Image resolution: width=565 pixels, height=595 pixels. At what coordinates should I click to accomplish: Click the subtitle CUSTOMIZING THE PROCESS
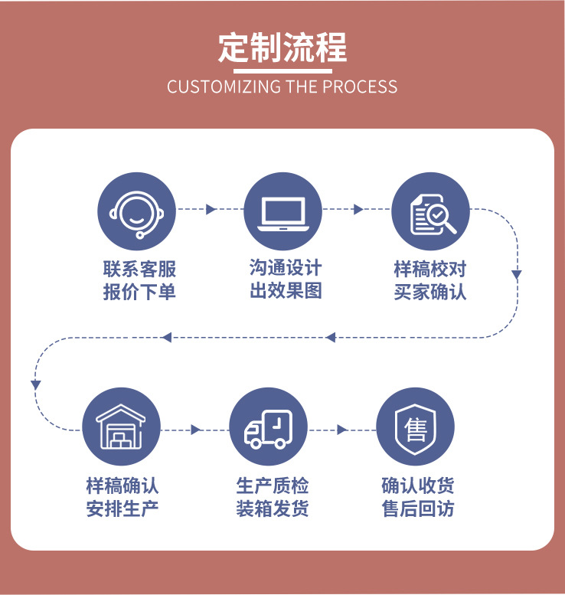point(282,86)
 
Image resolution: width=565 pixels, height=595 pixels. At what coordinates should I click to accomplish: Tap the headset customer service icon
point(136,211)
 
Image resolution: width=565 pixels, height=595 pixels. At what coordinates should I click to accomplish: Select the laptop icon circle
point(282,211)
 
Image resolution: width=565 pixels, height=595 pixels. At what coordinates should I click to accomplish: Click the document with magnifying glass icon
point(430,211)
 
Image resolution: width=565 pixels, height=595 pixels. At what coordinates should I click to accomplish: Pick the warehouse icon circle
point(122,427)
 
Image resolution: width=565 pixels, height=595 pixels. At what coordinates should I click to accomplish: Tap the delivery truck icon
point(268,427)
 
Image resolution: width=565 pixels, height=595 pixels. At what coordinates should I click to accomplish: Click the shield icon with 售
point(416,427)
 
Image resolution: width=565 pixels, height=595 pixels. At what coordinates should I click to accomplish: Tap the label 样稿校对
point(429,269)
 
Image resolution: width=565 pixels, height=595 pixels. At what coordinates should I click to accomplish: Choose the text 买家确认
point(429,292)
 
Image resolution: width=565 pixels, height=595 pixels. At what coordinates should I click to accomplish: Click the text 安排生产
point(122,508)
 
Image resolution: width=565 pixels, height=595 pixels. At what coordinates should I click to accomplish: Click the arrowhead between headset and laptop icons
point(211,210)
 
